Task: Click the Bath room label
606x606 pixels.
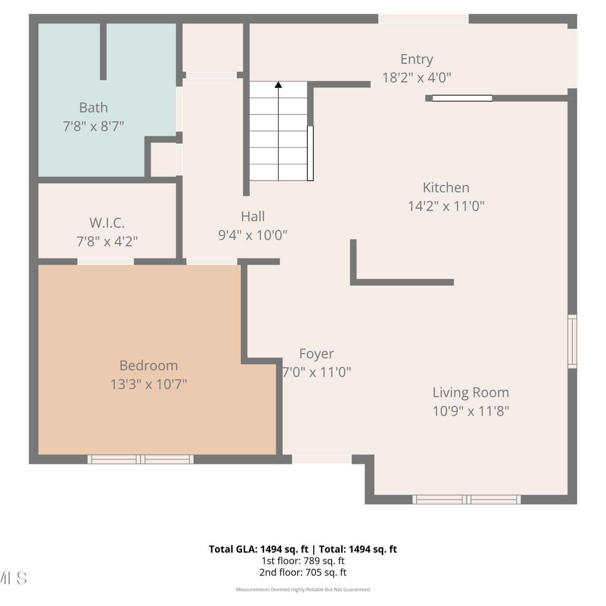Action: (x=93, y=107)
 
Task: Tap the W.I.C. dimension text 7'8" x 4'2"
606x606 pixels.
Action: (x=107, y=242)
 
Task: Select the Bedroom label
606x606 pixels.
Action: (x=149, y=366)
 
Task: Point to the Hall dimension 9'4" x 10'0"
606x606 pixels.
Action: (x=253, y=235)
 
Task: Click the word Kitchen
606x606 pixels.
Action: (x=446, y=187)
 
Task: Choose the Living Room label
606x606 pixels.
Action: (x=471, y=393)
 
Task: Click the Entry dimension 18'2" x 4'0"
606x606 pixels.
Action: (x=417, y=78)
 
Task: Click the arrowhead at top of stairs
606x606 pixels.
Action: (x=278, y=84)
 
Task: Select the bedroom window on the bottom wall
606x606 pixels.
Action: (x=141, y=459)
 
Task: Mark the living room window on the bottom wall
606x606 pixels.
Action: (x=467, y=499)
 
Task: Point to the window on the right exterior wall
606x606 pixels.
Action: (x=572, y=341)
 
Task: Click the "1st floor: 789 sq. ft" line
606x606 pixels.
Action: (x=303, y=561)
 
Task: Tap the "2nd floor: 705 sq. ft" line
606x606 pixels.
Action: (x=303, y=572)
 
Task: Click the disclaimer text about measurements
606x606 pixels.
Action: (x=303, y=590)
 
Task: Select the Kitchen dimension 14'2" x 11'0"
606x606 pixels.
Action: (x=446, y=206)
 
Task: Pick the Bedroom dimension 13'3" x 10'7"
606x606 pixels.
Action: (x=149, y=384)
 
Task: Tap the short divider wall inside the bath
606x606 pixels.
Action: (x=103, y=51)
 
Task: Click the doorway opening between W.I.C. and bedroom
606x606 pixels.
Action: (x=105, y=262)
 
